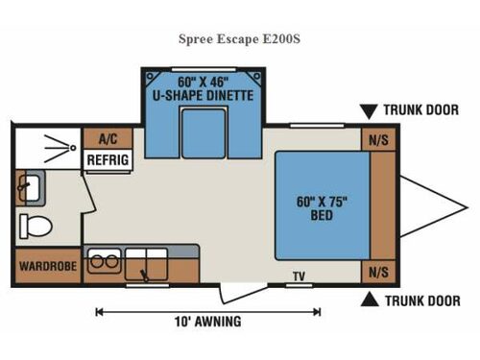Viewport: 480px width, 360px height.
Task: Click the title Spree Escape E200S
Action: (239, 39)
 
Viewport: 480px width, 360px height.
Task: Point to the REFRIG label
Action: (105, 159)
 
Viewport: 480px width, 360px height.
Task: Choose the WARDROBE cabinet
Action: (43, 264)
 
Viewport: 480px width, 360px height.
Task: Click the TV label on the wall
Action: (299, 276)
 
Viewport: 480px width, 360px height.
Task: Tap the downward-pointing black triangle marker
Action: (370, 110)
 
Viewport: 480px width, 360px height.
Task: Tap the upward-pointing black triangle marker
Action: (370, 300)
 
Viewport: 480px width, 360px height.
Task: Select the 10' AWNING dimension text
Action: (209, 322)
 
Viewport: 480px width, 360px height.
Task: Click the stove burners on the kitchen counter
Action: (103, 260)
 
